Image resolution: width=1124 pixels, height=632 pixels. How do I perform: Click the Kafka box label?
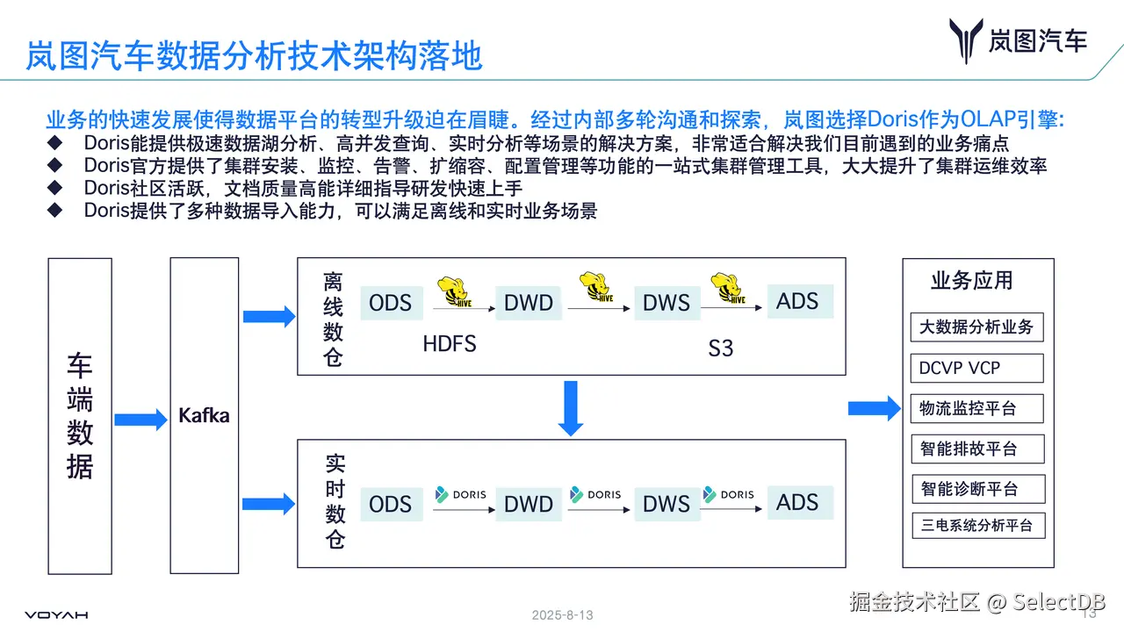(204, 415)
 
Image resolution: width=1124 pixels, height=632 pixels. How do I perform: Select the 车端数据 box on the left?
(80, 415)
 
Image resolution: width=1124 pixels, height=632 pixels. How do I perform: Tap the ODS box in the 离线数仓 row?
(390, 303)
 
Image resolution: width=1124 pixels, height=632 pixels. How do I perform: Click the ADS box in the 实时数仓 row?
(797, 503)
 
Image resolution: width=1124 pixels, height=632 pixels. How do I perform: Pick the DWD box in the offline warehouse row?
(529, 303)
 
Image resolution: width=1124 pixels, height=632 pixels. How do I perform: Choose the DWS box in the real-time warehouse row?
(666, 504)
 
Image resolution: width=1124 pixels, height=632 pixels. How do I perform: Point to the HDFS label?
(450, 344)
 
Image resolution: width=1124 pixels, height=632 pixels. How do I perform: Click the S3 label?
(720, 348)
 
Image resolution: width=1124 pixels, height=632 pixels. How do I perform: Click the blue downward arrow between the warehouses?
(571, 407)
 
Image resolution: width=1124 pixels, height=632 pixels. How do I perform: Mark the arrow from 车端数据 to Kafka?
(140, 420)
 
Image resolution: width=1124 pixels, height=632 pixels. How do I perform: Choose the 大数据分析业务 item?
(976, 328)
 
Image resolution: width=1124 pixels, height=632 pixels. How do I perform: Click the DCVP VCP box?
(976, 369)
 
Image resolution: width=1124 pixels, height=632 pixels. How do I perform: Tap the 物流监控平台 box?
(976, 409)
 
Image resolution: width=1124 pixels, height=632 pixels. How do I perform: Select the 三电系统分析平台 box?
(976, 526)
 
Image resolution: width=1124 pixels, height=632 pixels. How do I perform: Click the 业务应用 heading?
(972, 281)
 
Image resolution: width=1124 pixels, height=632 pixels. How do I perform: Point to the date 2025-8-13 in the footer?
(562, 615)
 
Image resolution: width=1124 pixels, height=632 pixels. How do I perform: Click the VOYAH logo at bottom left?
(56, 615)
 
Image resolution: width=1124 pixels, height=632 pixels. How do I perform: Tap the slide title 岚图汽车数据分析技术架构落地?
(254, 55)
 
